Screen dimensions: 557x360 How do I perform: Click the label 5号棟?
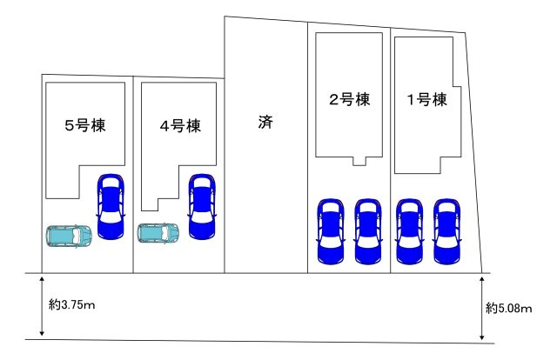coord(85,125)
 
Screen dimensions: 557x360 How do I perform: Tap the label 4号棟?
coord(180,126)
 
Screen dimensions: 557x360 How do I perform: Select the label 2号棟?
coord(350,99)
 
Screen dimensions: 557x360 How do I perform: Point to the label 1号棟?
coord(426,99)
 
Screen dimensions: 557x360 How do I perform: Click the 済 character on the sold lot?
coord(265,122)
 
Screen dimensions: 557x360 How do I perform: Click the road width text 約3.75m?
coord(71,304)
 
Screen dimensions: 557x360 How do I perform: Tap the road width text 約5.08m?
coord(508,308)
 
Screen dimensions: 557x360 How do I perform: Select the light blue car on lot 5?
coord(69,235)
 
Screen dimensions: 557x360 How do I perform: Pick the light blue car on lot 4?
coord(158,233)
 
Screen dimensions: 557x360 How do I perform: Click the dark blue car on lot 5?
coord(111,206)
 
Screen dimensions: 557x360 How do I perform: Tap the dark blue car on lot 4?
coord(202,206)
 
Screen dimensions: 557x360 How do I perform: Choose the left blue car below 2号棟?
coord(331,231)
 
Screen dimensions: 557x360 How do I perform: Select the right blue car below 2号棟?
coord(368,231)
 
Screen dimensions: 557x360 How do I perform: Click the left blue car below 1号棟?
coord(410,231)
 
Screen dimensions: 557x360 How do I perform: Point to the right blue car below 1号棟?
coord(446,231)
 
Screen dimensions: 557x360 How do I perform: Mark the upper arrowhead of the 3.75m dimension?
coord(42,279)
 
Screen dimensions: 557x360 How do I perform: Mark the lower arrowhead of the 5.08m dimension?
coord(481,337)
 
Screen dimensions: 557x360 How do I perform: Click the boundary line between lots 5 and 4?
coord(133,175)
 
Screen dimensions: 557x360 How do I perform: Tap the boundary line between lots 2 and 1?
coord(391,150)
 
